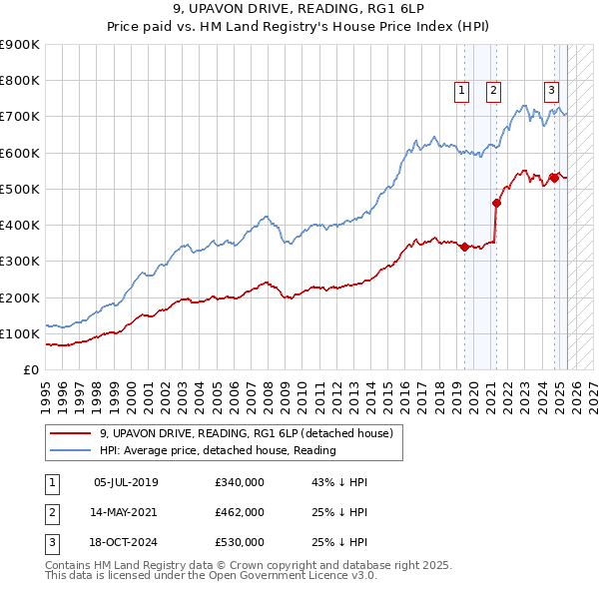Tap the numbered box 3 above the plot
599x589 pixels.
[551, 89]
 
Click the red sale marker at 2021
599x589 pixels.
[496, 203]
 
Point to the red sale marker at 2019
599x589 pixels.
[465, 248]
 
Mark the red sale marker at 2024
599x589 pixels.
[554, 178]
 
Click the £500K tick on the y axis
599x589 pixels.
[20, 189]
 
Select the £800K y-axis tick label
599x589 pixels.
[20, 80]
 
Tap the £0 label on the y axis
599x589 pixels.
[30, 369]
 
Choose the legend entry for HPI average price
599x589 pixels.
[217, 450]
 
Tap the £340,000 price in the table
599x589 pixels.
[240, 482]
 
